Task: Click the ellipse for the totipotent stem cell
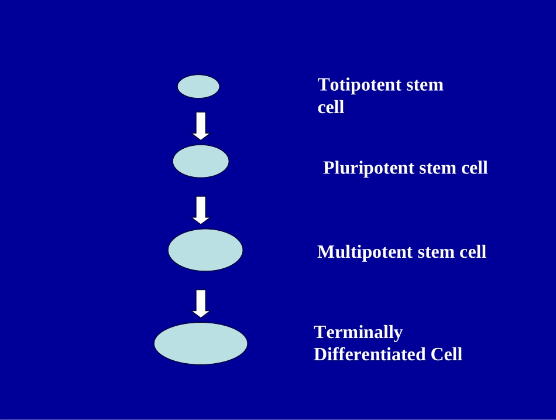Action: (198, 86)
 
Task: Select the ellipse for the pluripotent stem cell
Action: (201, 161)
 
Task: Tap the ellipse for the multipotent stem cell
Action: (205, 250)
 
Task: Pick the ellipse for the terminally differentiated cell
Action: (201, 343)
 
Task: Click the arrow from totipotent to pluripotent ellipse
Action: (201, 126)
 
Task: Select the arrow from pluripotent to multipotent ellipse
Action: (201, 210)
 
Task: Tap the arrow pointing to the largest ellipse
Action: (201, 303)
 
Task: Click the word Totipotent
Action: (359, 86)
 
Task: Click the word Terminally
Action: (358, 333)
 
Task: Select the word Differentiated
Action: (370, 354)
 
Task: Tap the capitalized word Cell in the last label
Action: (447, 354)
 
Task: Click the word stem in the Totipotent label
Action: (425, 86)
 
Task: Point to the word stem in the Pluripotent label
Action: (438, 168)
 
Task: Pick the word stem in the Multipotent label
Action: (436, 252)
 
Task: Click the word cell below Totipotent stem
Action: (331, 107)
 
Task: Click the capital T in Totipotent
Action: (324, 85)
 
